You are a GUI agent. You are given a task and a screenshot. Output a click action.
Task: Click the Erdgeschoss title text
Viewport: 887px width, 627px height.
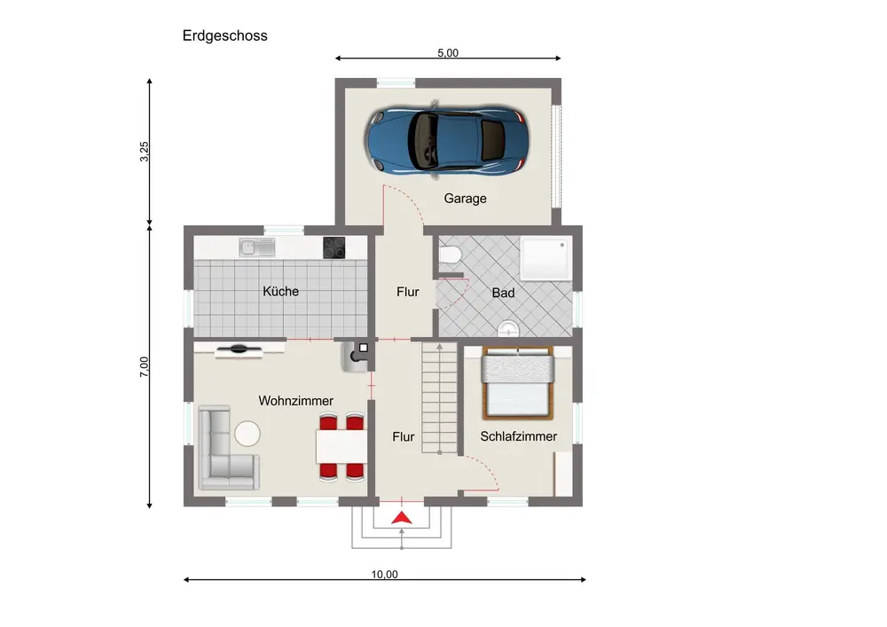[x=224, y=35]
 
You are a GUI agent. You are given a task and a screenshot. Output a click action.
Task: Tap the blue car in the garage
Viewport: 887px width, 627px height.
[x=447, y=139]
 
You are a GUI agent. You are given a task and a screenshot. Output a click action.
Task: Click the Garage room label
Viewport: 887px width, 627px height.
[x=465, y=199]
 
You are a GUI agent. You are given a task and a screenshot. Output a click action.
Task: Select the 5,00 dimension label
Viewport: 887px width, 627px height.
[x=447, y=52]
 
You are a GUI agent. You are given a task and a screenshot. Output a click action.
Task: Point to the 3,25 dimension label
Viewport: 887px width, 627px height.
[x=145, y=152]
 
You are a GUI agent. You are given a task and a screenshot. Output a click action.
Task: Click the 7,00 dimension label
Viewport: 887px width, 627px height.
[x=145, y=367]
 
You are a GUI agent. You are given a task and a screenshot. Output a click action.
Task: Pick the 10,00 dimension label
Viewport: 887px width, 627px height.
[x=385, y=575]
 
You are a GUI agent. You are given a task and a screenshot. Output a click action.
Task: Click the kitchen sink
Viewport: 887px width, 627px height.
[x=257, y=247]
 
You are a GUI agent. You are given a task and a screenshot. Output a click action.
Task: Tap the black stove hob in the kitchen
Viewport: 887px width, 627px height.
[x=334, y=247]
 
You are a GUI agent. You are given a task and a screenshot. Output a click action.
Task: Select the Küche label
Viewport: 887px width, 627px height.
[x=280, y=291]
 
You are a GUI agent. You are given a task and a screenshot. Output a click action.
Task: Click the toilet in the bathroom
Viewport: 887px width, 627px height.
[x=450, y=255]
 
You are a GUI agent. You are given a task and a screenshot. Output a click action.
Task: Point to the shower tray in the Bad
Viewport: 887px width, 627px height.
[x=546, y=259]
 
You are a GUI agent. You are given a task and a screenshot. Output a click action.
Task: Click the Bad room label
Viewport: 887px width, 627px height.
[x=503, y=293]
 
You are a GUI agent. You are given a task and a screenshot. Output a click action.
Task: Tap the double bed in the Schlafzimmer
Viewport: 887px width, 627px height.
[x=518, y=383]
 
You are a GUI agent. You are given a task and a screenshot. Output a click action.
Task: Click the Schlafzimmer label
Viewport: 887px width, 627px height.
[x=519, y=436]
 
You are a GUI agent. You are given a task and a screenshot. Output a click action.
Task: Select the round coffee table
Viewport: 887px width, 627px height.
[x=247, y=434]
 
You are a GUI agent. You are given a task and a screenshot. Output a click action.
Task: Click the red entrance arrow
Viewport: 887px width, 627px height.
[x=402, y=517]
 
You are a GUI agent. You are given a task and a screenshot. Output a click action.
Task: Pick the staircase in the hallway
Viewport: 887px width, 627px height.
[x=440, y=398]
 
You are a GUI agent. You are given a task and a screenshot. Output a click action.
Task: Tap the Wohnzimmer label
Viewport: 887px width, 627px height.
[x=296, y=401]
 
